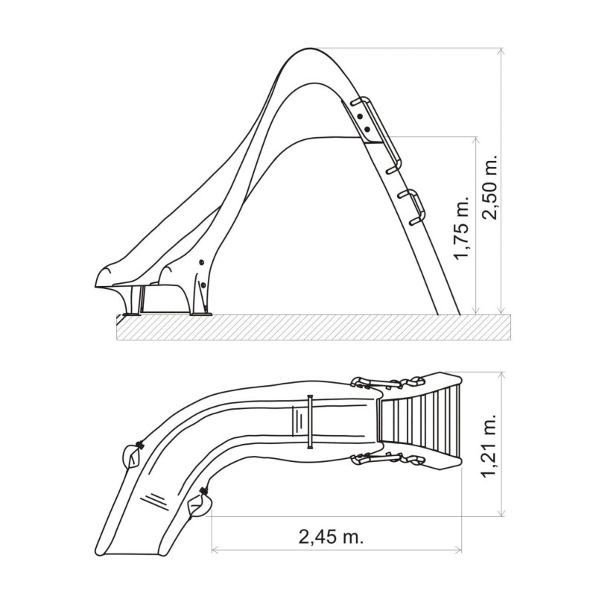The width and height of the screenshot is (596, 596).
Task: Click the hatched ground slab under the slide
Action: (x=313, y=327)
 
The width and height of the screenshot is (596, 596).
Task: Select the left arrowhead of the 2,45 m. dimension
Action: (x=217, y=551)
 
